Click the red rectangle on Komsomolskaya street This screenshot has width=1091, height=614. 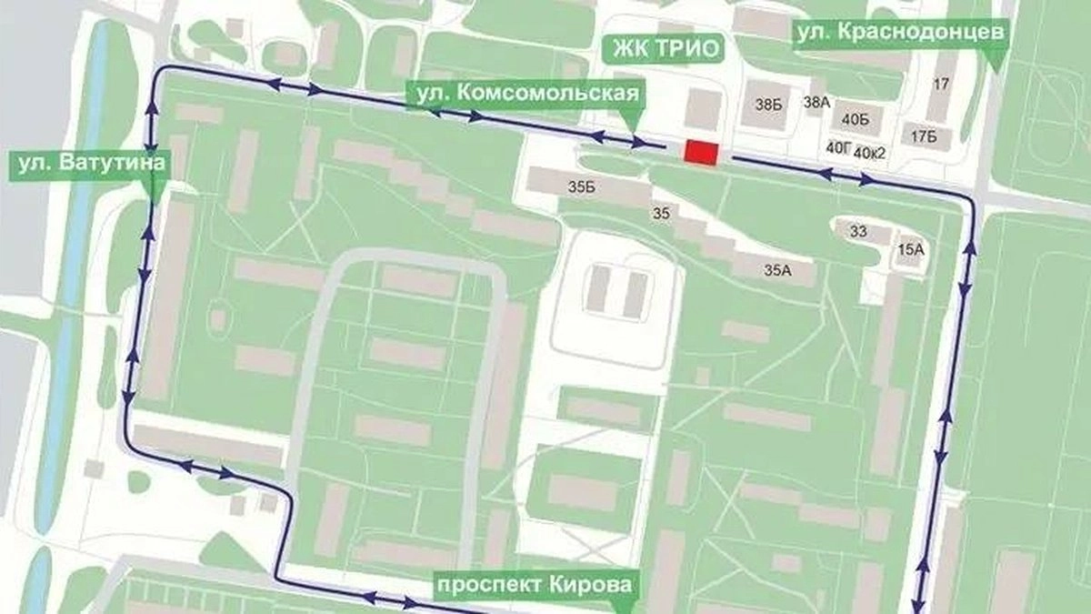tap(702, 153)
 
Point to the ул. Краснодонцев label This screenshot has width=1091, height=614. tap(900, 33)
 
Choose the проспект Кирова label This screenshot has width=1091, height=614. tap(533, 583)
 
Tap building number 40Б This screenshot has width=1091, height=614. tap(856, 118)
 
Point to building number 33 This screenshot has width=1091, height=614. tap(858, 231)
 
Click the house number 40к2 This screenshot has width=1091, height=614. tap(870, 152)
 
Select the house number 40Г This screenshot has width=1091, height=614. tap(837, 146)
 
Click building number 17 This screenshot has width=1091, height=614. tap(941, 85)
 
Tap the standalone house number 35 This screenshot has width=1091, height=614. tap(661, 214)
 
